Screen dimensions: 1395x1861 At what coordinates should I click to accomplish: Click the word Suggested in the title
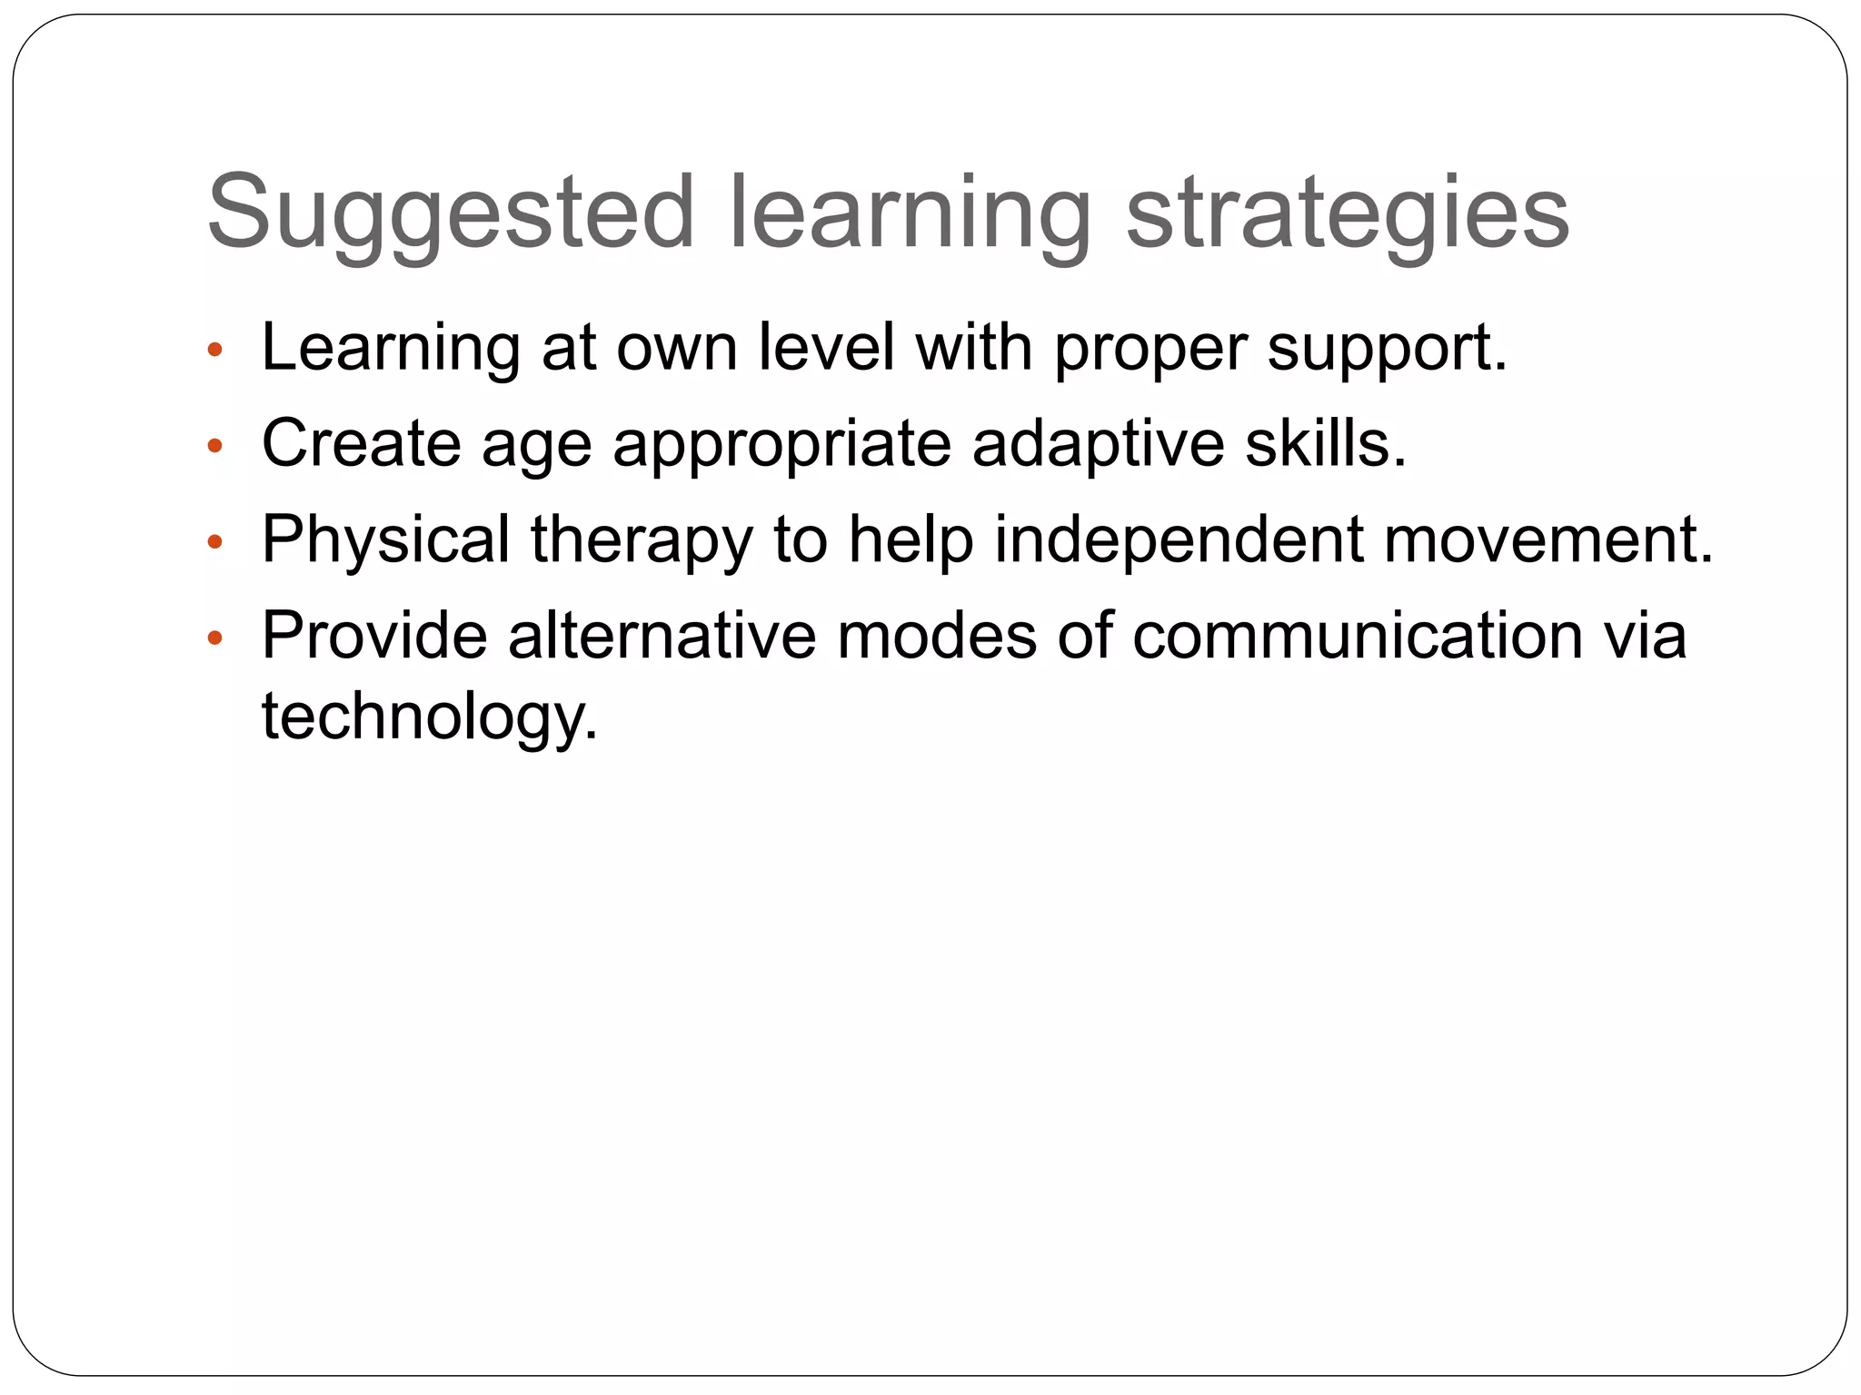(451, 213)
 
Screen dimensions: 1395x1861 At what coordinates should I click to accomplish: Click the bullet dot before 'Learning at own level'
(214, 350)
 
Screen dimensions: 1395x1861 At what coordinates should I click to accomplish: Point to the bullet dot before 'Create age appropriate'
(214, 446)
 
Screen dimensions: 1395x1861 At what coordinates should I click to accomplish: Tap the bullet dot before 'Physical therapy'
(214, 542)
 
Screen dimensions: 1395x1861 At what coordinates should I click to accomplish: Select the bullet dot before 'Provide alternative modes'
(214, 638)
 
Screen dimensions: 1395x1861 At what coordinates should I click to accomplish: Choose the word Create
(361, 444)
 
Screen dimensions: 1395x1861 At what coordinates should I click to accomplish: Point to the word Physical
(385, 540)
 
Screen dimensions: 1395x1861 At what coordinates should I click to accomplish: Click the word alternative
(662, 636)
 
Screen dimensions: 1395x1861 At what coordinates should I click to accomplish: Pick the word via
(1644, 636)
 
